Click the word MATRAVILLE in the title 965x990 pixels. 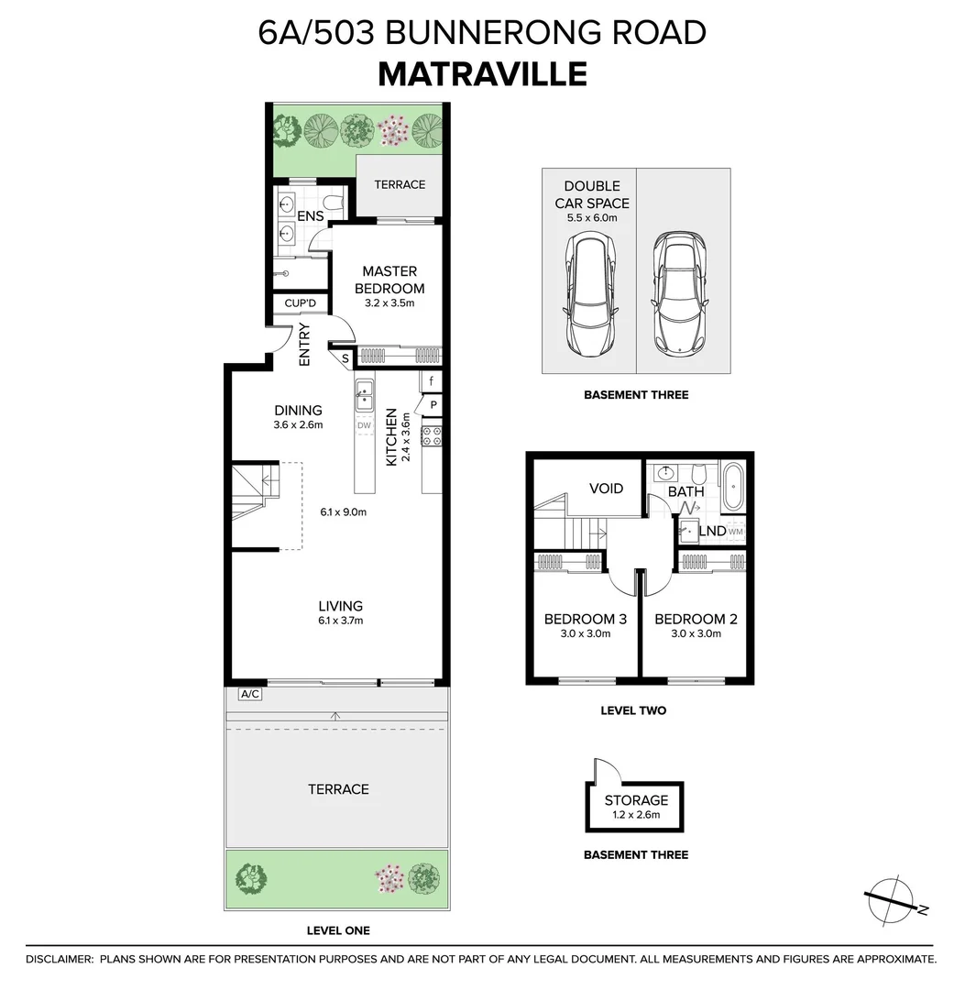click(482, 73)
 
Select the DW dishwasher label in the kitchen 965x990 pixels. click(365, 426)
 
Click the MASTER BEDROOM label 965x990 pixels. click(389, 280)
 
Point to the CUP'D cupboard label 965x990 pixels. click(300, 303)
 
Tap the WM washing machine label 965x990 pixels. click(737, 532)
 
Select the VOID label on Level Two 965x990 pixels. click(605, 489)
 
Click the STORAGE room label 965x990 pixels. click(635, 800)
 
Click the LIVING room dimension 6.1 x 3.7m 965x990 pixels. click(340, 621)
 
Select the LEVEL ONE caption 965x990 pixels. click(338, 930)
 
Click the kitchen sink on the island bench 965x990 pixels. click(365, 394)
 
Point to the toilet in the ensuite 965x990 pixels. click(331, 203)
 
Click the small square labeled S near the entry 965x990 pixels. click(345, 357)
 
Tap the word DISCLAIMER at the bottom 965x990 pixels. click(60, 959)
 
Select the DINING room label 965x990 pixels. click(298, 411)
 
